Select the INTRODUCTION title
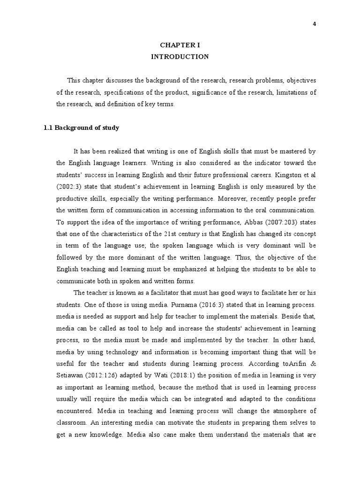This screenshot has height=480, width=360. (x=180, y=56)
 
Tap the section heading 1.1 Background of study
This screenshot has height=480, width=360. (x=81, y=127)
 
